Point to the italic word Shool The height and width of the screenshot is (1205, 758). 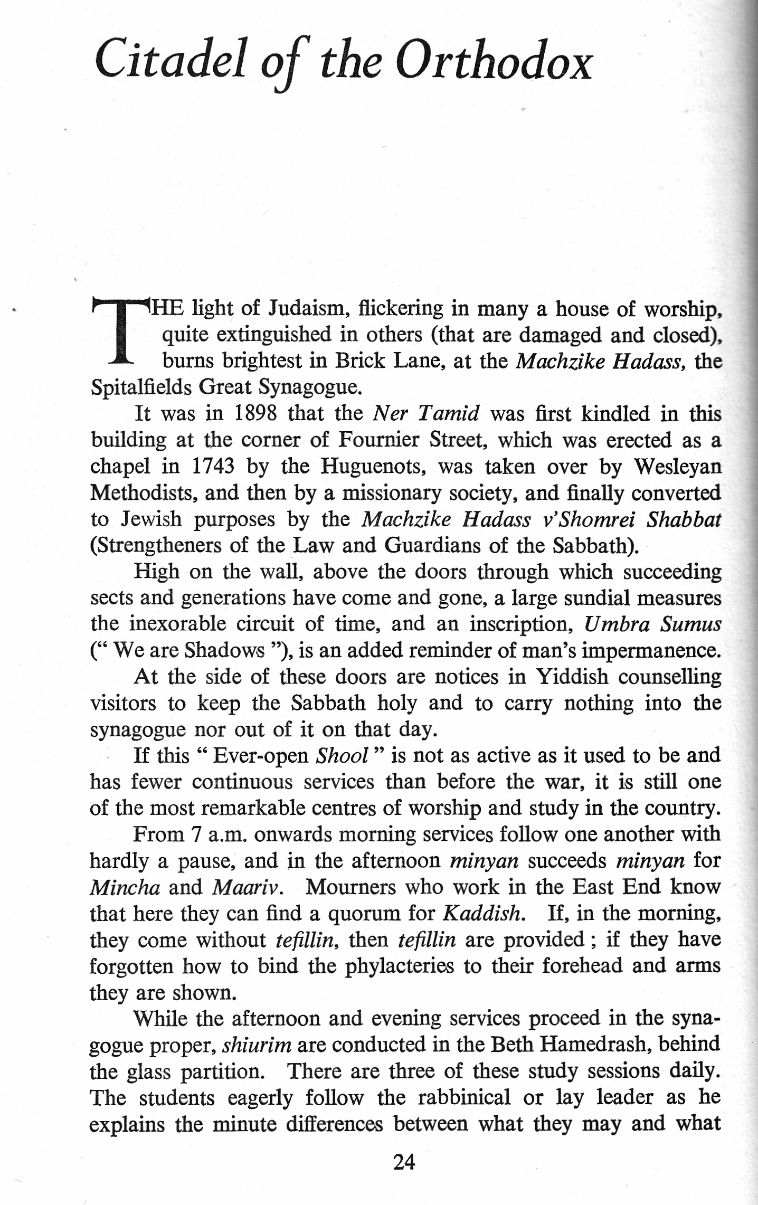[341, 756]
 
